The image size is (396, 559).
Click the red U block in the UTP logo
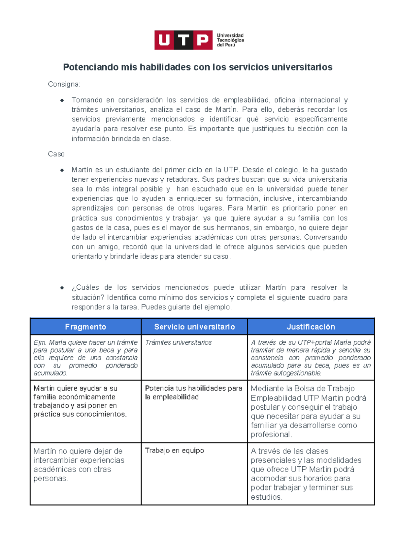164,40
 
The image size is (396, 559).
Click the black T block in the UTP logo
183,40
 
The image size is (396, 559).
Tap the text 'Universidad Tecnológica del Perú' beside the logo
230,40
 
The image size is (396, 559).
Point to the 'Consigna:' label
64,84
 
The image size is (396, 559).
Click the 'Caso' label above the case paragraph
56,154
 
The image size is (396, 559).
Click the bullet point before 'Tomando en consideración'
62,100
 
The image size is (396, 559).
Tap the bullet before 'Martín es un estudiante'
62,170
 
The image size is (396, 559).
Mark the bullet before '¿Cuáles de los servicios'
62,288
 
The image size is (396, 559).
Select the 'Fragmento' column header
85,327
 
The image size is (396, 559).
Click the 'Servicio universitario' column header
194,327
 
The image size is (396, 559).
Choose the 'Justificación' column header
311,327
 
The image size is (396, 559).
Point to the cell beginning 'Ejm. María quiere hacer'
85,358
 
